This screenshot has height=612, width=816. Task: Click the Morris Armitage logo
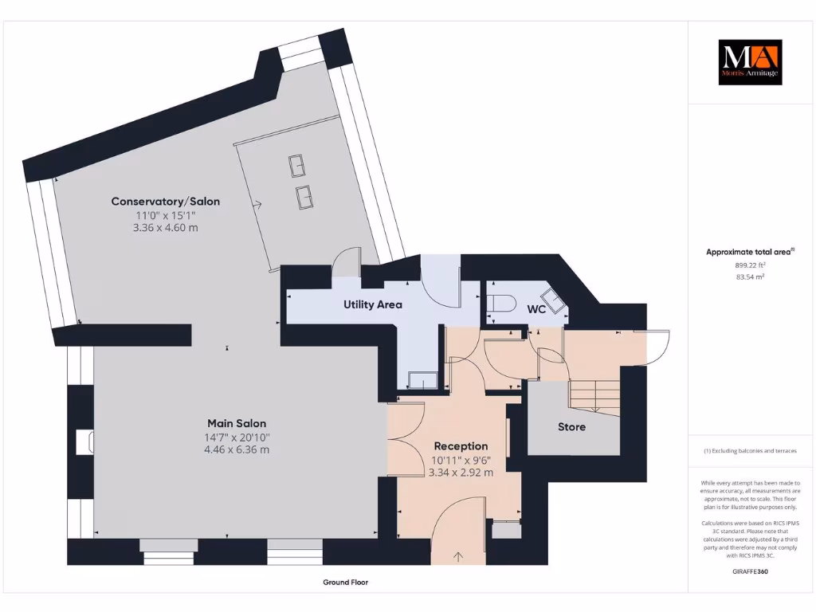coord(750,62)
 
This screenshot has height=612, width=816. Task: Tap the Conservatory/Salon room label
coord(166,202)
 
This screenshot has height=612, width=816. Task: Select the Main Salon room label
coord(237,423)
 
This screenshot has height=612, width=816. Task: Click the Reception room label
coord(461,445)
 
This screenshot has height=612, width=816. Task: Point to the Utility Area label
coord(373,304)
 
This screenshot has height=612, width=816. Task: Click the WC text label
coord(536,309)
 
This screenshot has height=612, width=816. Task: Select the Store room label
coord(571,427)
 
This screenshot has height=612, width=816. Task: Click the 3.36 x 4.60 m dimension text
coord(166,228)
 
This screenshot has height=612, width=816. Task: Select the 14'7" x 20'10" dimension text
coord(237,437)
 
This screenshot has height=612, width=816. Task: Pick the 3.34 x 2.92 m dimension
coord(461,472)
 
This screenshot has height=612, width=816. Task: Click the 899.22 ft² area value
coord(749,265)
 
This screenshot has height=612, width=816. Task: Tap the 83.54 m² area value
coord(749,277)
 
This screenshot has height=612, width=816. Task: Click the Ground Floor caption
coord(345,583)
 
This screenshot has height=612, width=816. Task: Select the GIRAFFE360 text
coord(749,571)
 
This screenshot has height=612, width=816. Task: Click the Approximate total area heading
coord(749,252)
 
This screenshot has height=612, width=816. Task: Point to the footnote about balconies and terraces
coord(749,451)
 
